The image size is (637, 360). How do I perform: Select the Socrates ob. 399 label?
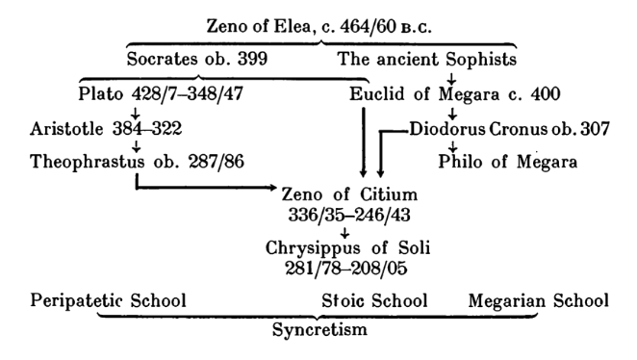pos(187,61)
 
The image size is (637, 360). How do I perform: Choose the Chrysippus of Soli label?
pos(348,247)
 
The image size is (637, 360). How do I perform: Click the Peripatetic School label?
pos(95,300)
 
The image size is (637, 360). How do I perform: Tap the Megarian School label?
pos(538,300)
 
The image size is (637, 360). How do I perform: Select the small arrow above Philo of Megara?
pos(452,146)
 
